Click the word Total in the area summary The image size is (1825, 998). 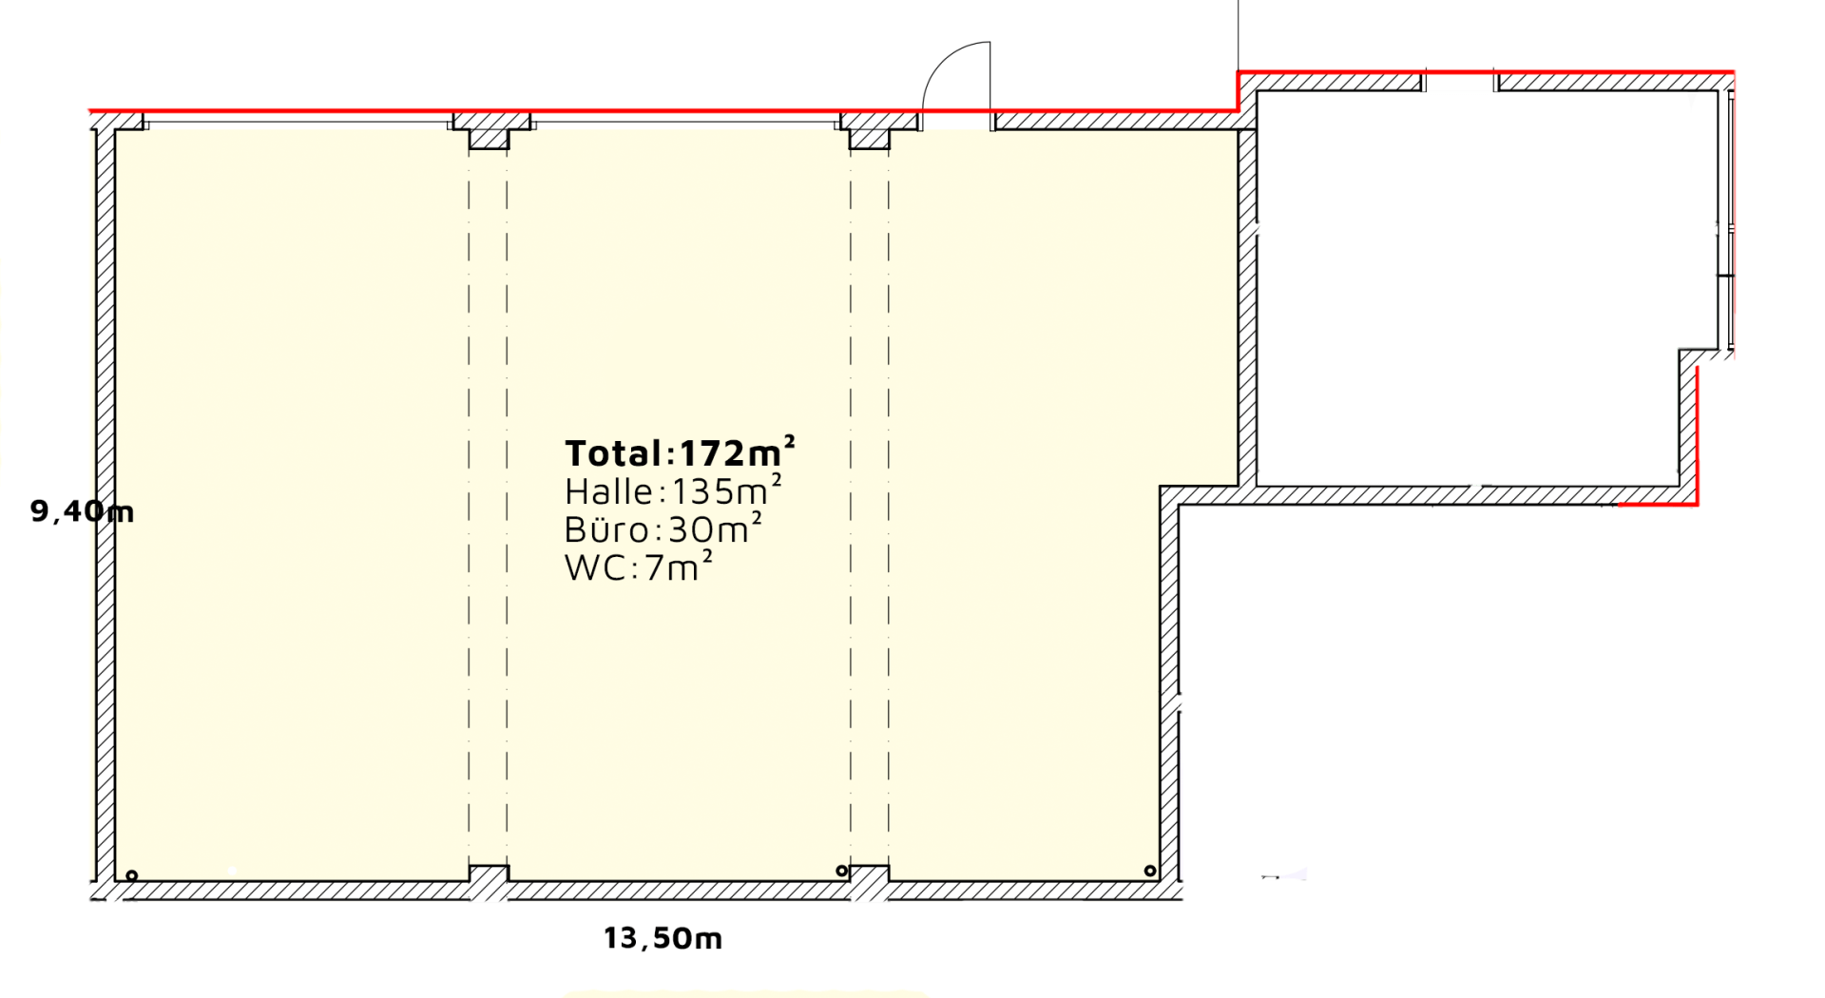coord(614,453)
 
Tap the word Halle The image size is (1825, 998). coord(609,491)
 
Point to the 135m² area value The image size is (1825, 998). coord(727,490)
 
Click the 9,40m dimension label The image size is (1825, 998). coord(82,511)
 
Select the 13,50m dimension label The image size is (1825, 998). coord(663,939)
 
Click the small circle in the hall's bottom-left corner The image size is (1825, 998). coord(132,875)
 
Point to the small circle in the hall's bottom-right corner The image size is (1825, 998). coord(1150,871)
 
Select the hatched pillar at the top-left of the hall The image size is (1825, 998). coord(490,130)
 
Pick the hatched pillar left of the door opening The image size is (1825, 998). coord(870,130)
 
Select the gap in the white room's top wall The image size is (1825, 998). coord(1460,82)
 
